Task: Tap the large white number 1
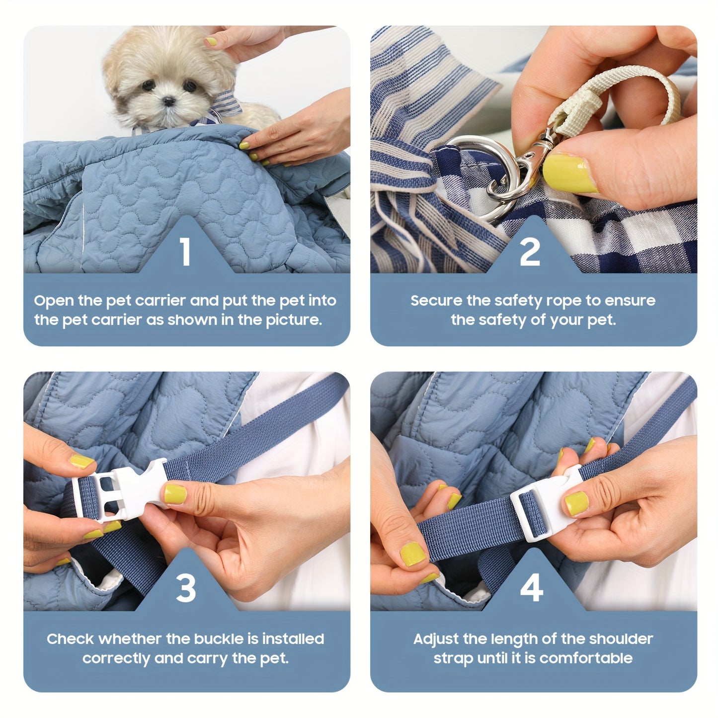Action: click(185, 252)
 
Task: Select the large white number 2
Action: click(530, 252)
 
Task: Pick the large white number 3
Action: click(186, 588)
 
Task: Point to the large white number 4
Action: click(531, 588)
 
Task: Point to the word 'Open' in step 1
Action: click(54, 301)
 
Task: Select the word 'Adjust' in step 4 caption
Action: click(436, 639)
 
